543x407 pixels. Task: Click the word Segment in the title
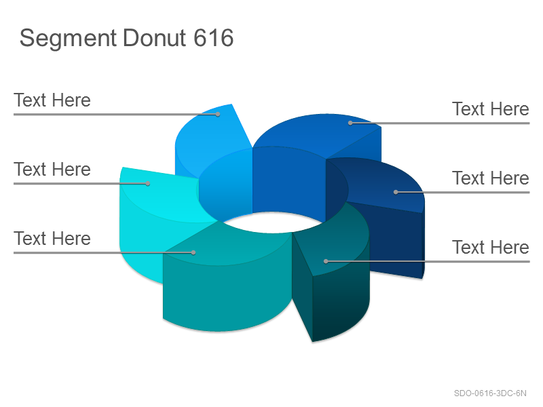point(68,39)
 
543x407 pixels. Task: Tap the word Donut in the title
point(155,38)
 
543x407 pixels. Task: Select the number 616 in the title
point(213,38)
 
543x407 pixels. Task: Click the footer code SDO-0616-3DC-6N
point(490,393)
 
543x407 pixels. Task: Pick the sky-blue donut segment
point(211,138)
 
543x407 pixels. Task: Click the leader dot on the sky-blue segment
point(218,114)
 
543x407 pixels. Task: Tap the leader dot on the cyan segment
point(148,183)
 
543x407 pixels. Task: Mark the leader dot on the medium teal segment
point(193,252)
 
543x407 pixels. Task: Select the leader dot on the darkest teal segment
point(326,261)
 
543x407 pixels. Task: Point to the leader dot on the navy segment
point(396,192)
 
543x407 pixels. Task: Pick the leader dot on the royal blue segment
point(350,123)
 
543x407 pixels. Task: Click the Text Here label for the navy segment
point(491,178)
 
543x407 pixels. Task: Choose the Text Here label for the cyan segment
point(52,170)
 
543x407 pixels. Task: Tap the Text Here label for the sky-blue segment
point(52,100)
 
